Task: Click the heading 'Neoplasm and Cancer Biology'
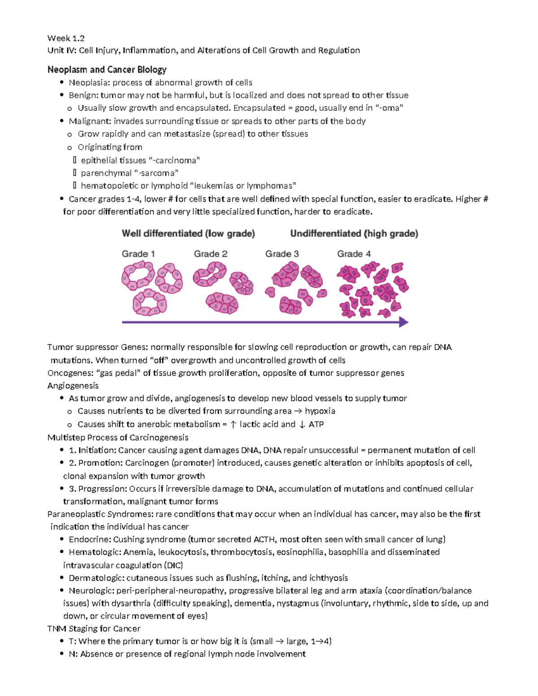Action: (x=107, y=69)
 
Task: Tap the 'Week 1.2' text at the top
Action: (x=66, y=38)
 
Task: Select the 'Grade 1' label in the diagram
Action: (x=138, y=254)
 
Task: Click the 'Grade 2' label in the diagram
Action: (x=210, y=254)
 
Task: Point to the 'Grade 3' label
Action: (x=282, y=254)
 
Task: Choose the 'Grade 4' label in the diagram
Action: (x=354, y=254)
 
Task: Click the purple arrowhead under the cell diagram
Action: (x=403, y=322)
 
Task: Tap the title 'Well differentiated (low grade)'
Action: (x=188, y=233)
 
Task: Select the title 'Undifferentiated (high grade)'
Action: (x=354, y=233)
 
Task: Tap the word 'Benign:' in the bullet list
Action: (x=83, y=95)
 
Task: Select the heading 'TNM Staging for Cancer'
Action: (x=94, y=628)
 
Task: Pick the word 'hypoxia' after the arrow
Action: (x=320, y=411)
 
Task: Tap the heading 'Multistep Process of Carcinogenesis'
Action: (x=117, y=437)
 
